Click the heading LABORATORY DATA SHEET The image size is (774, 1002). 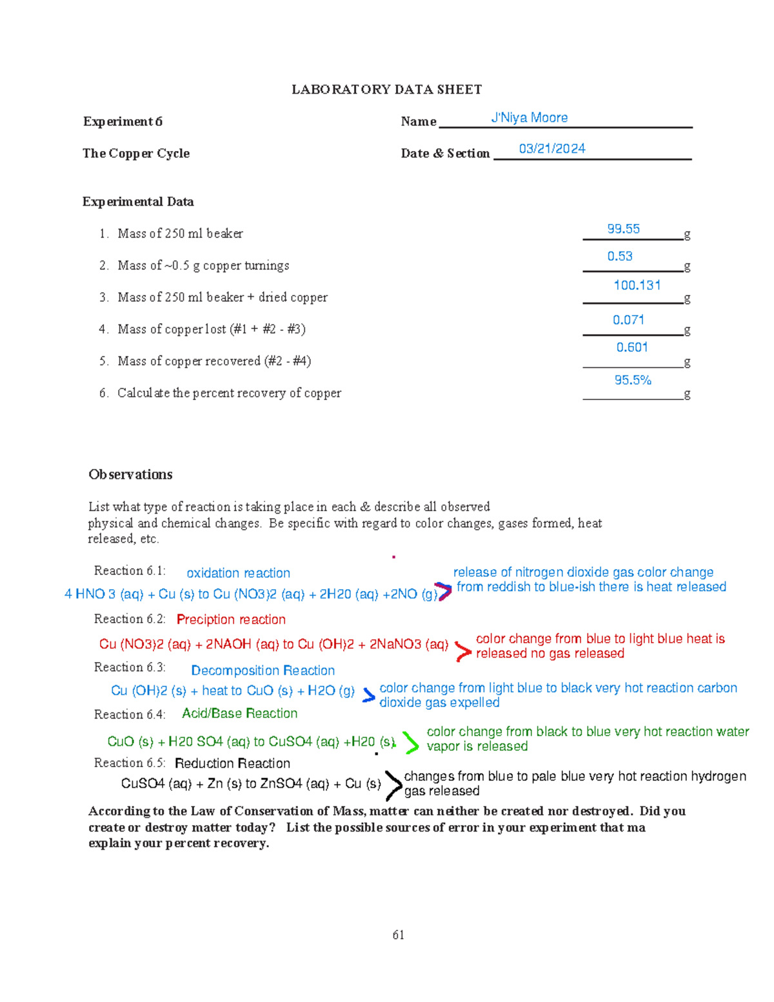tap(386, 90)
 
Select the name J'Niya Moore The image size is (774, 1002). tap(529, 118)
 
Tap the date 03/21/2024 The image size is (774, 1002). tap(552, 149)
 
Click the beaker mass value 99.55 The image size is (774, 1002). tap(623, 229)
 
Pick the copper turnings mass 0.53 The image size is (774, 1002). tap(620, 256)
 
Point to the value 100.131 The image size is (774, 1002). tap(637, 285)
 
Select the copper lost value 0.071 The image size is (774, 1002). tap(628, 320)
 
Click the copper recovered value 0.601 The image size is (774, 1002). tap(631, 347)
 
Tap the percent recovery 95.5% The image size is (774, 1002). tap(633, 380)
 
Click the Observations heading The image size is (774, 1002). tap(130, 474)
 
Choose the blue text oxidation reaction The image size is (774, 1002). tap(238, 573)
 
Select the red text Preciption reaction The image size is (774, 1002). tap(231, 619)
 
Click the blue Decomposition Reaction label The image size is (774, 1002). tap(263, 670)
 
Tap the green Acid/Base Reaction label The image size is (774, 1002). tap(239, 713)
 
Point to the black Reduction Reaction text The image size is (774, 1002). tap(232, 763)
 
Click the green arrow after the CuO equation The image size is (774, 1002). tap(410, 743)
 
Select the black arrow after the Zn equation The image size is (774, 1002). tap(393, 785)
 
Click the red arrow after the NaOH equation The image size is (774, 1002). tap(462, 651)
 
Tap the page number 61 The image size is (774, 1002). tap(398, 935)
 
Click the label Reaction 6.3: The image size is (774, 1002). tap(130, 667)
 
